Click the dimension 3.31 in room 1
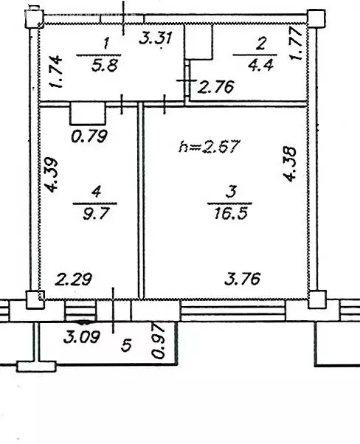click(x=156, y=38)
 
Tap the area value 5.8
click(x=104, y=66)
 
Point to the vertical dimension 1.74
click(x=55, y=72)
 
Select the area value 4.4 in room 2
click(x=260, y=65)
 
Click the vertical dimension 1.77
click(x=296, y=43)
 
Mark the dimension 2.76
click(x=215, y=86)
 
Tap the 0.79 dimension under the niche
click(x=89, y=136)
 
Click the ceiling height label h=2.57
click(x=210, y=146)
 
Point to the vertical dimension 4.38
click(x=290, y=164)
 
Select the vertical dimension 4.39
click(x=52, y=175)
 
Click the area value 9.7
click(x=95, y=213)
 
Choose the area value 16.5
click(x=231, y=213)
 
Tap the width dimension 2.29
click(x=73, y=279)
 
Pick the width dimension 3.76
click(x=242, y=278)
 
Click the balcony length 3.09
click(x=82, y=337)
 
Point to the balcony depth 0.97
click(x=158, y=341)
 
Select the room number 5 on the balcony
click(x=126, y=345)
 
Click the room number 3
click(x=231, y=192)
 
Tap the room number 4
click(x=96, y=192)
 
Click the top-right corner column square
click(x=316, y=18)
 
